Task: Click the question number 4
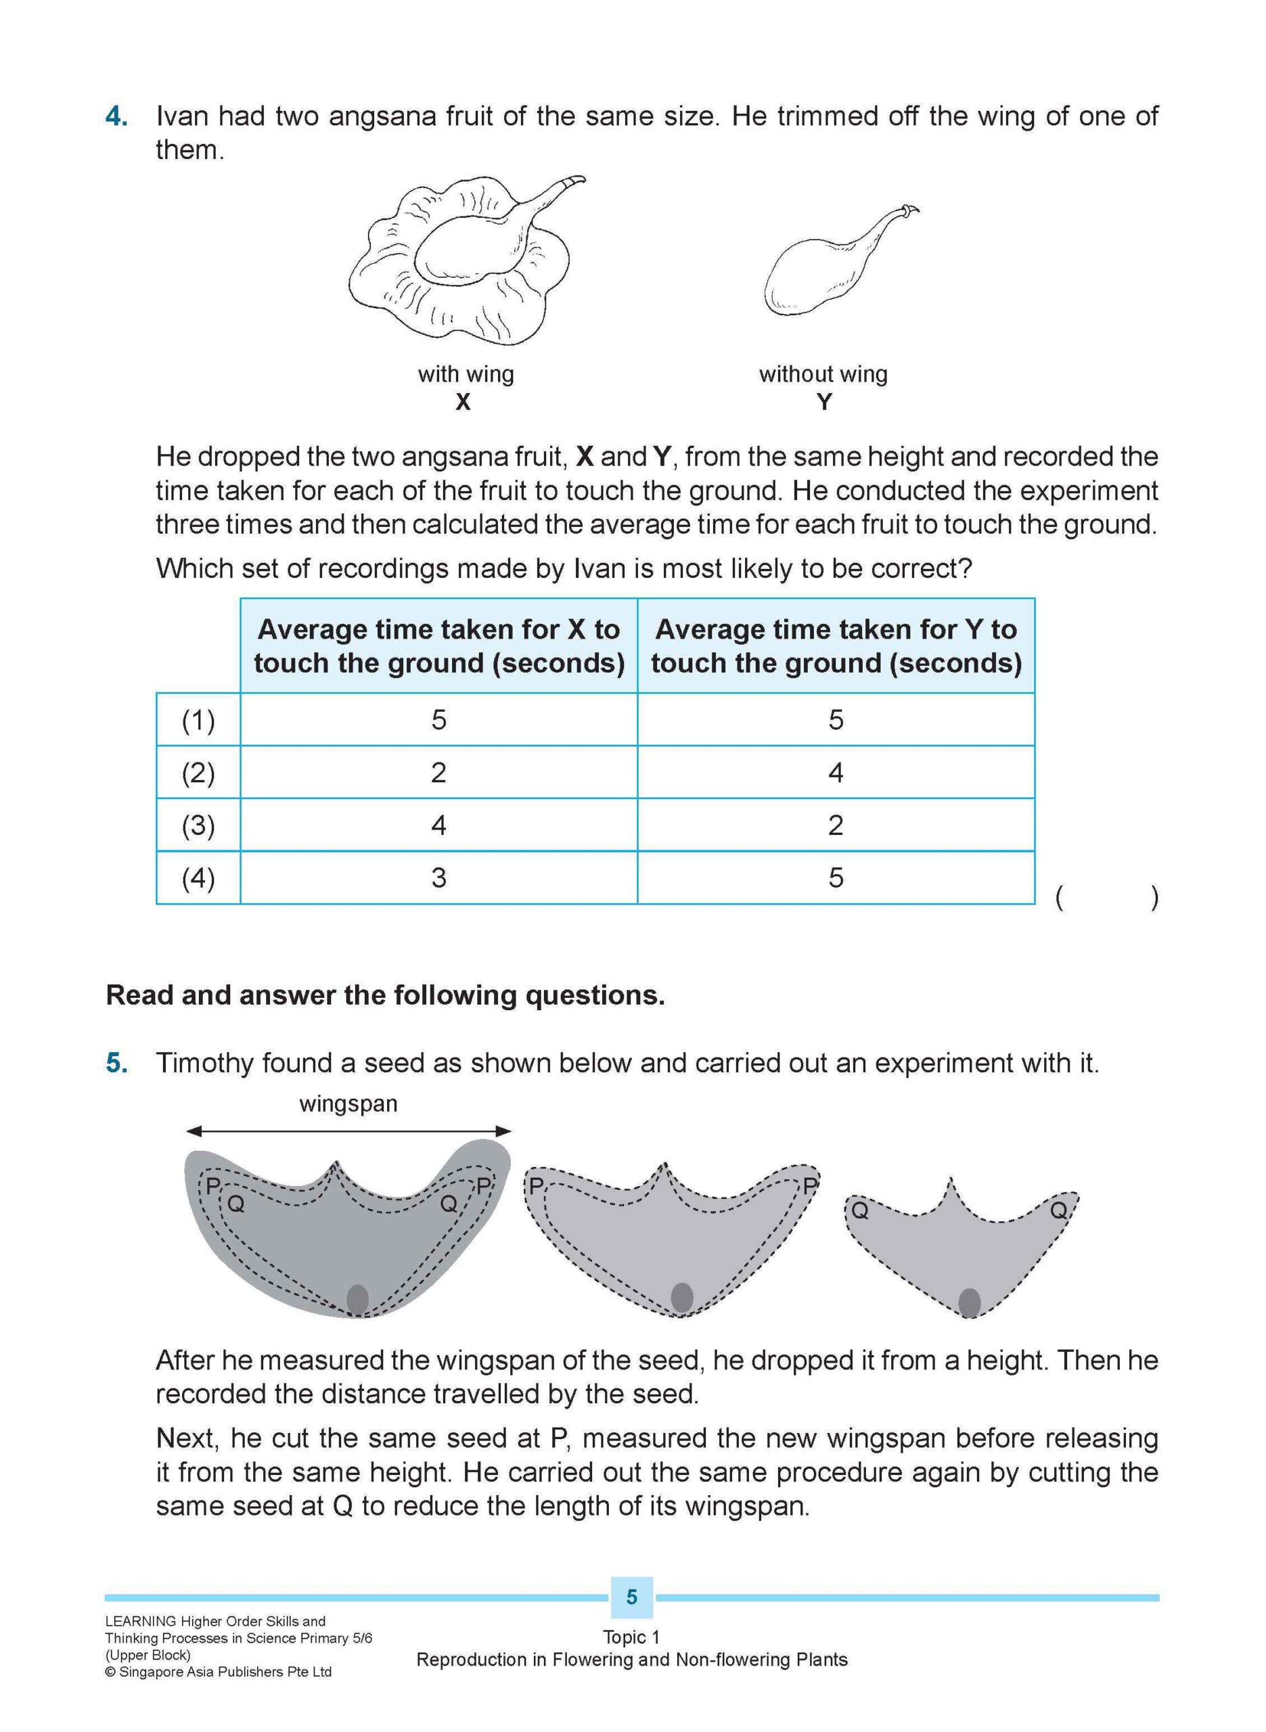[116, 116]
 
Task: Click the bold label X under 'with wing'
[463, 402]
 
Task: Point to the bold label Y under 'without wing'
[824, 402]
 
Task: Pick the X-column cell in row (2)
[438, 772]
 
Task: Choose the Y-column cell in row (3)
[835, 825]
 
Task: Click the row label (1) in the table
[198, 720]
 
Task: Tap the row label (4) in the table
[198, 878]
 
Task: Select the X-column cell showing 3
[438, 878]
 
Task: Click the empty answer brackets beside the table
[1106, 897]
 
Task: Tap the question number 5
[116, 1064]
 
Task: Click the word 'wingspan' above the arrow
[348, 1104]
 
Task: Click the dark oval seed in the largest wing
[358, 1299]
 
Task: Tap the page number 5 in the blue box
[631, 1597]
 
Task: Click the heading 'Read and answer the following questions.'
[385, 995]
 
